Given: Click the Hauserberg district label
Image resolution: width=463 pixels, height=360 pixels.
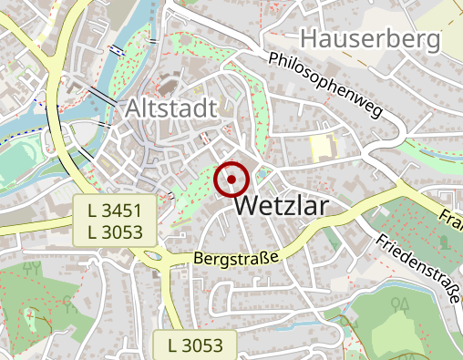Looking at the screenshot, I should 369,39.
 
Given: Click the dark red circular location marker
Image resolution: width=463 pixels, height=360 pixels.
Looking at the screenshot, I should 231,180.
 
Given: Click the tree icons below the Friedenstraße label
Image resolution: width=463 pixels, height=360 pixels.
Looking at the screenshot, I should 399,303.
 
